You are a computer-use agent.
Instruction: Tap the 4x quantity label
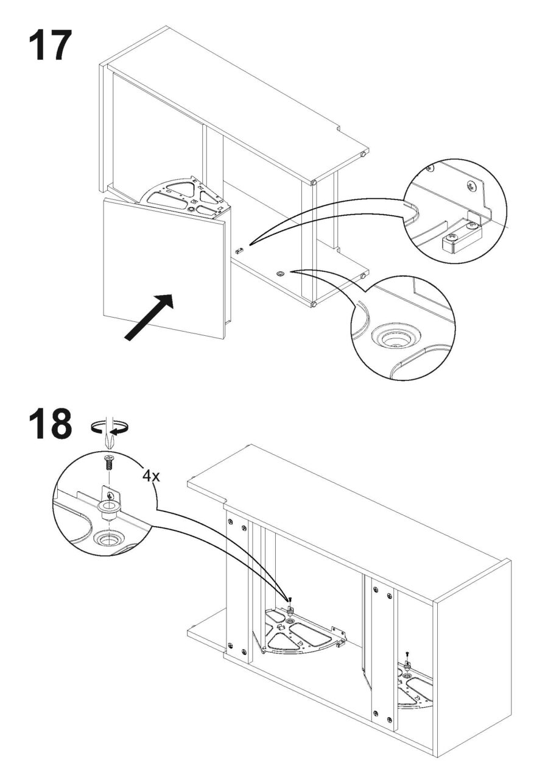coord(151,475)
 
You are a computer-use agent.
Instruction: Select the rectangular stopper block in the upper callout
coord(454,243)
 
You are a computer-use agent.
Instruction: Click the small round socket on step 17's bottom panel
coord(279,274)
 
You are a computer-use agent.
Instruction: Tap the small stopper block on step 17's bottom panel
coord(238,250)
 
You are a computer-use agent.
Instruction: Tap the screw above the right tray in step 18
coord(406,654)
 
